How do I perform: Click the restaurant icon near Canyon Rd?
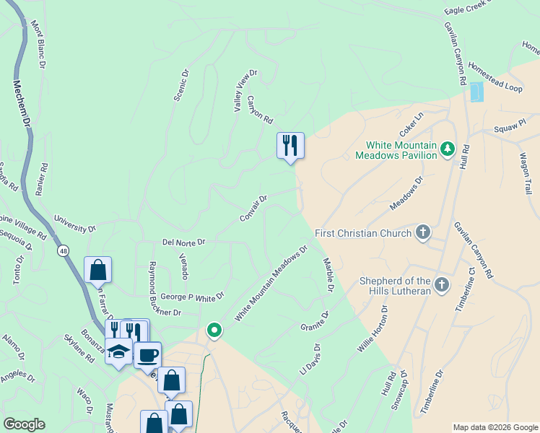pos(290,146)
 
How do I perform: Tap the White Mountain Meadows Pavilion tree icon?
pos(448,149)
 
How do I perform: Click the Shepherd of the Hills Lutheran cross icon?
pos(442,285)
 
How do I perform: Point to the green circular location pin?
pos(214,331)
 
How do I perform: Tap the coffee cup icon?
pos(148,355)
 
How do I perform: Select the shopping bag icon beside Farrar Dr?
pos(97,271)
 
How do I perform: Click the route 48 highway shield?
pos(64,250)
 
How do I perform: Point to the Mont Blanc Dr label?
pos(38,45)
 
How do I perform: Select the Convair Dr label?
pos(254,207)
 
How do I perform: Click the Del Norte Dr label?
pos(184,242)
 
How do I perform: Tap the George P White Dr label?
pos(193,296)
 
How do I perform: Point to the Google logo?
pos(24,424)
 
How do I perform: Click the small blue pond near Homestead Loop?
pos(476,92)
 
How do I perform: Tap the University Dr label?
pos(74,224)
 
